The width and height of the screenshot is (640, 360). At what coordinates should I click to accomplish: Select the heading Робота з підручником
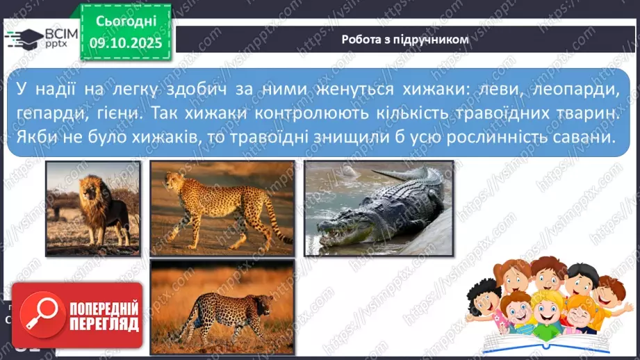[405, 40]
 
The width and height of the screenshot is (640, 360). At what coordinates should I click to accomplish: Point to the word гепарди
[48, 113]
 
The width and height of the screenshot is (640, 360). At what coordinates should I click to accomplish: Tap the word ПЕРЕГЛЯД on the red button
[102, 325]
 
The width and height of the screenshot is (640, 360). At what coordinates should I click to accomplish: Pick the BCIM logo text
[56, 33]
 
